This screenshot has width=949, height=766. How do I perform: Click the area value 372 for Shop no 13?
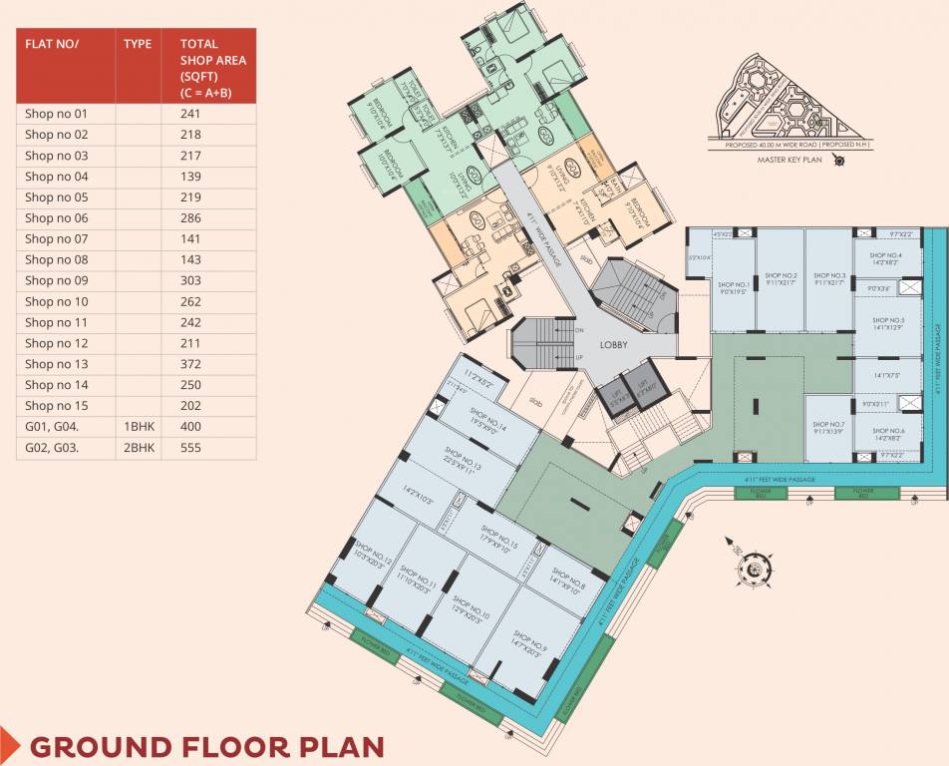click(x=190, y=364)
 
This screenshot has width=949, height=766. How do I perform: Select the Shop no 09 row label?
click(x=57, y=280)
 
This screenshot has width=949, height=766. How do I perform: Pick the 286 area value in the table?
click(x=190, y=217)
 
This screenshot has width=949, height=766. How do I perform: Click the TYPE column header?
click(x=138, y=44)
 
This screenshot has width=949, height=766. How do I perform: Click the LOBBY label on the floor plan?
click(x=613, y=345)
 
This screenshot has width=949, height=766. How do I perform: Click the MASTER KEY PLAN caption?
click(x=788, y=158)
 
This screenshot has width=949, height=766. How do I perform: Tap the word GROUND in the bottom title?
click(x=99, y=747)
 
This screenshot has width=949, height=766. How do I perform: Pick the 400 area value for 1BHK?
click(x=190, y=427)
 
